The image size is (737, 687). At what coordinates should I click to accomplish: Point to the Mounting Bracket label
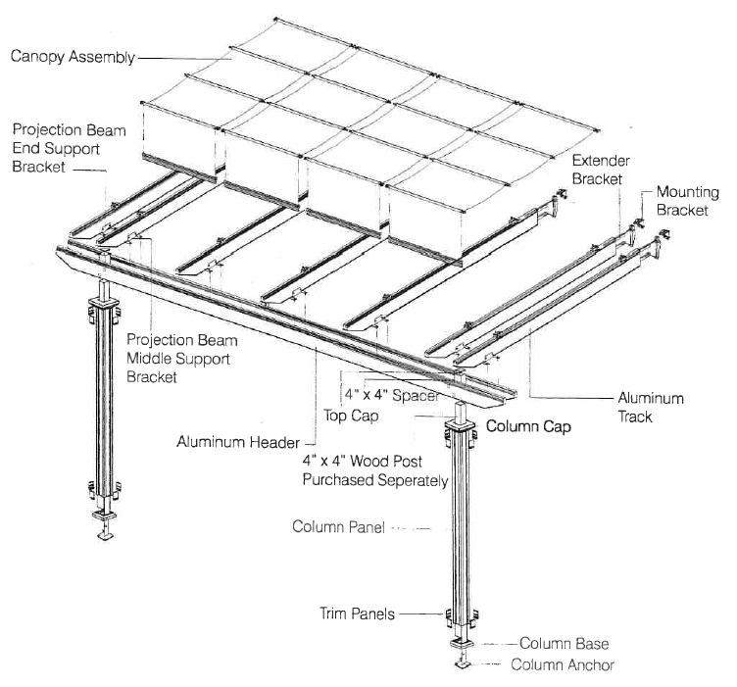687,201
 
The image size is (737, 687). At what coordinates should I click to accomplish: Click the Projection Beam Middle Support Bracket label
177,357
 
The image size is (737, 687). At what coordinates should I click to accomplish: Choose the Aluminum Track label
650,408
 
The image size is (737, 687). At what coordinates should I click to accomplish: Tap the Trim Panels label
357,614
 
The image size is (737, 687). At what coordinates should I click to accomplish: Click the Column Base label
564,644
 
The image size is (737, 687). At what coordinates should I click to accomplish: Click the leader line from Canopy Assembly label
186,58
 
